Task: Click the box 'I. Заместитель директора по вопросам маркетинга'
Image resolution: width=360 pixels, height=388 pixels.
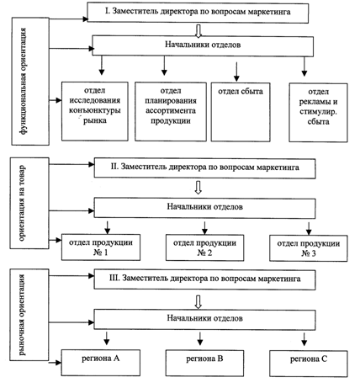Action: tap(198, 13)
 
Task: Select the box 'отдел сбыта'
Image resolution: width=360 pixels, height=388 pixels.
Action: tap(241, 112)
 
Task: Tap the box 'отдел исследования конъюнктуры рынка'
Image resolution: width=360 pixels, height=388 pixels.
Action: tap(95, 111)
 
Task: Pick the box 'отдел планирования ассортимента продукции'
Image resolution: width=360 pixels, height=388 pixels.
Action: tap(171, 111)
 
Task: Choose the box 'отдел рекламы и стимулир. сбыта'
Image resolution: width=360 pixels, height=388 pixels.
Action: tap(318, 113)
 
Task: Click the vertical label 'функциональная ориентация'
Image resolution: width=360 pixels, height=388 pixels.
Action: tap(24, 82)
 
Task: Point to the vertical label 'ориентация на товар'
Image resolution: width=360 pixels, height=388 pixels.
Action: tap(22, 204)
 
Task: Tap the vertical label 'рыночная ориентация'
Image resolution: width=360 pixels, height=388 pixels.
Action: tap(22, 315)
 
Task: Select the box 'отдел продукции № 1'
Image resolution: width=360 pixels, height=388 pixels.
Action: tap(101, 247)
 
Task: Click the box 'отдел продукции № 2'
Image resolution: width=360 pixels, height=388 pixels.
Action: tap(204, 248)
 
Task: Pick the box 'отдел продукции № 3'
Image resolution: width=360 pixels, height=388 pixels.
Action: tap(309, 248)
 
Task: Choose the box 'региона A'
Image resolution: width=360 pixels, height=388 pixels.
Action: tap(101, 363)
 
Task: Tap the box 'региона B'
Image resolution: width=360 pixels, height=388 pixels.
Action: tap(204, 363)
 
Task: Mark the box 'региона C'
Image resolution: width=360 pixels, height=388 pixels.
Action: tap(309, 364)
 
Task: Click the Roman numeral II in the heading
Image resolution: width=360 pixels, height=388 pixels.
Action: tap(114, 167)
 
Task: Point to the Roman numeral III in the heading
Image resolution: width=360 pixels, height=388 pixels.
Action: tap(114, 278)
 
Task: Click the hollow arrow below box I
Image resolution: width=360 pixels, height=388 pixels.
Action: tap(199, 30)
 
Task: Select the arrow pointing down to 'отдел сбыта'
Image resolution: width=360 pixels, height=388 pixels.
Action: tap(236, 72)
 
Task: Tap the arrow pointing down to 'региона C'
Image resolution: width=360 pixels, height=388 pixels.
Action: tap(304, 339)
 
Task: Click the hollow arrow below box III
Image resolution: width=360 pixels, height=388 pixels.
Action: tap(199, 302)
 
